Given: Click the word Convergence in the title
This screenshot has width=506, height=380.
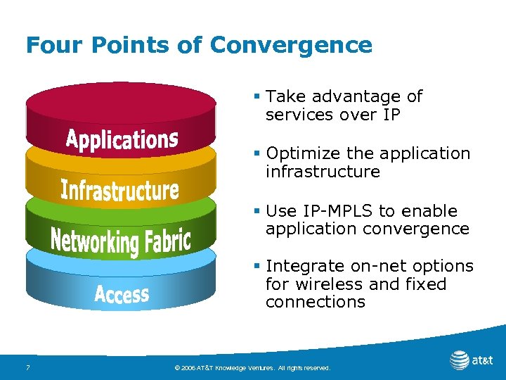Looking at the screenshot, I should pos(291,45).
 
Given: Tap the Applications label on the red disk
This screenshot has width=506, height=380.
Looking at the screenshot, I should pos(122,139).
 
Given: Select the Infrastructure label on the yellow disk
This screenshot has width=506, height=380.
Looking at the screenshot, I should pos(119,190).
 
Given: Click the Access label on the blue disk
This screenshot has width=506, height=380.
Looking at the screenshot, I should pos(122,294).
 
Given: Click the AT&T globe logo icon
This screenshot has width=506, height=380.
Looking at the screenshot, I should pos(460,360).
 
